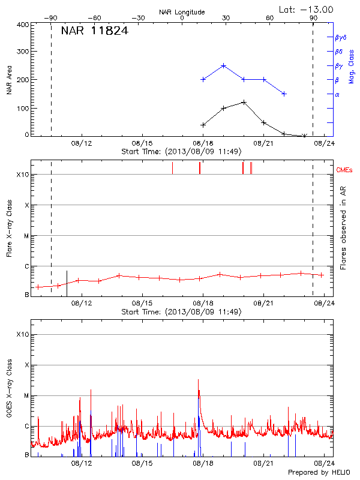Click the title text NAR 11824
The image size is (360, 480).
pyautogui.click(x=94, y=31)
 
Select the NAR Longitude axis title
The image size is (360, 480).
pyautogui.click(x=182, y=11)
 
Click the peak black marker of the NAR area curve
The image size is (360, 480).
pyautogui.click(x=244, y=102)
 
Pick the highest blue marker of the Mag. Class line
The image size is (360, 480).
pyautogui.click(x=223, y=66)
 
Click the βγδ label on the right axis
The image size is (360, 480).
pyautogui.click(x=341, y=37)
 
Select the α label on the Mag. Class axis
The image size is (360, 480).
pyautogui.click(x=337, y=94)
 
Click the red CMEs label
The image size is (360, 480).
pyautogui.click(x=344, y=170)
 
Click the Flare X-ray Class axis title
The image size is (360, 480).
pyautogui.click(x=9, y=230)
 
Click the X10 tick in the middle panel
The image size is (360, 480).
pyautogui.click(x=23, y=175)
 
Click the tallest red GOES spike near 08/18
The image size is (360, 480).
pyautogui.click(x=198, y=380)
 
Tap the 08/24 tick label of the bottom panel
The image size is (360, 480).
pyautogui.click(x=325, y=464)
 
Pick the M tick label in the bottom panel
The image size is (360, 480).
pyautogui.click(x=26, y=395)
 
